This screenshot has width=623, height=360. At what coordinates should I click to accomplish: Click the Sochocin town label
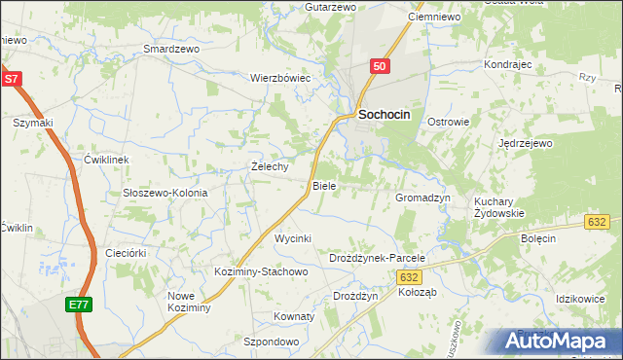pos(385,114)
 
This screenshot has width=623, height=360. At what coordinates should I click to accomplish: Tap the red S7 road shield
pos(11,80)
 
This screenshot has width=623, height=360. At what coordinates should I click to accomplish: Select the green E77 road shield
pos(79,305)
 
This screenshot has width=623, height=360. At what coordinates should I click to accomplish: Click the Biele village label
pos(324,185)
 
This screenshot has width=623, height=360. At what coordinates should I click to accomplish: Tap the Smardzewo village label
pos(170,48)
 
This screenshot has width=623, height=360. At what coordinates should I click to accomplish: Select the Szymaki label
pos(32,123)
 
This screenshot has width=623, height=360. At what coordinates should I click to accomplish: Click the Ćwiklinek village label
pos(106,159)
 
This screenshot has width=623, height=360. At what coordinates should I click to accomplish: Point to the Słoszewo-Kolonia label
pos(165,193)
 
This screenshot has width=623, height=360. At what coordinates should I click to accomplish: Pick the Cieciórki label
pos(126,253)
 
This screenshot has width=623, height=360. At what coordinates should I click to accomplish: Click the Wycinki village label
pos(292,238)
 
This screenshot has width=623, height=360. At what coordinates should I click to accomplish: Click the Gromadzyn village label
pos(422,197)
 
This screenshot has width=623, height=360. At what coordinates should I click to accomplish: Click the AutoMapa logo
pos(558,342)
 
